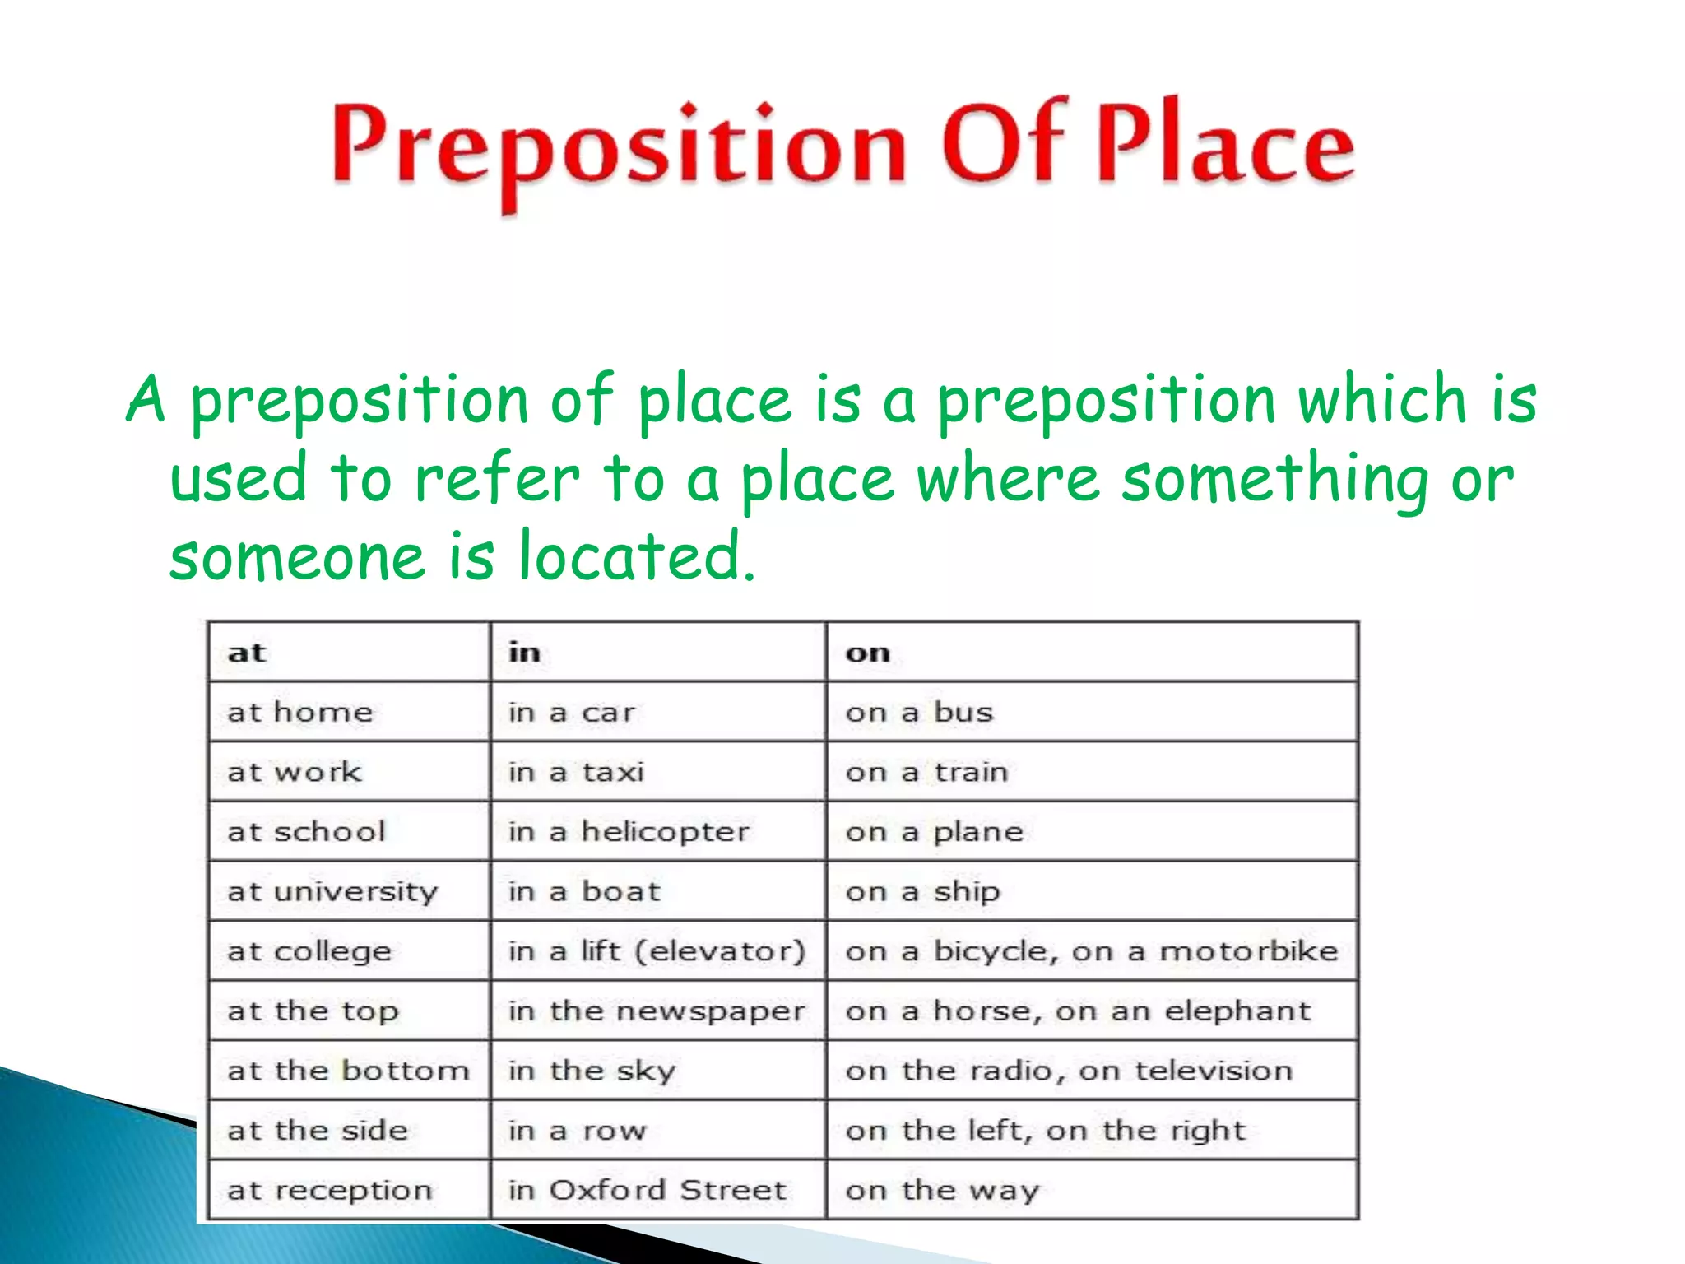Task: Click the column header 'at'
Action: (x=247, y=653)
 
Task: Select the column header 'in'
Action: (x=524, y=653)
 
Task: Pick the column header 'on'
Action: (x=867, y=653)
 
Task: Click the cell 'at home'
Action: (x=300, y=713)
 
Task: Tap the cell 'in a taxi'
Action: (x=576, y=773)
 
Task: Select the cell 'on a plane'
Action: (x=934, y=832)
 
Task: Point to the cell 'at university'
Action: (x=332, y=892)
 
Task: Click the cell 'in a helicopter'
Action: (x=629, y=832)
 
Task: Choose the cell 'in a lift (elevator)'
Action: (x=657, y=951)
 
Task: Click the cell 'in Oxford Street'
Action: (x=648, y=1190)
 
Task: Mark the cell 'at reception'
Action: (x=329, y=1190)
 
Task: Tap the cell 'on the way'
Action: (x=942, y=1190)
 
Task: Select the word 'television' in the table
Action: (x=1214, y=1071)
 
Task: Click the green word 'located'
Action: (x=637, y=556)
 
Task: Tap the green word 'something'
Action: (x=1274, y=479)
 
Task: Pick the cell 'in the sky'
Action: (x=592, y=1071)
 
